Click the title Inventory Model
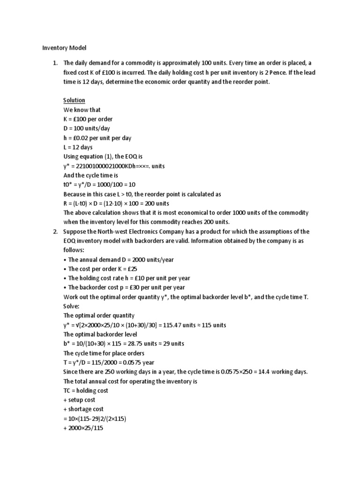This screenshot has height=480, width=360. [64, 48]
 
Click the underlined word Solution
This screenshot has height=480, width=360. [75, 100]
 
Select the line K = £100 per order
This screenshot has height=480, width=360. [88, 119]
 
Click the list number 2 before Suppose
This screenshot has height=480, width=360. [55, 232]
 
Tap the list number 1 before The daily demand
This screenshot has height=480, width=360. [55, 63]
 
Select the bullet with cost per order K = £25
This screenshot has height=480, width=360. [100, 269]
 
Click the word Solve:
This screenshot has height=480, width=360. [72, 306]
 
